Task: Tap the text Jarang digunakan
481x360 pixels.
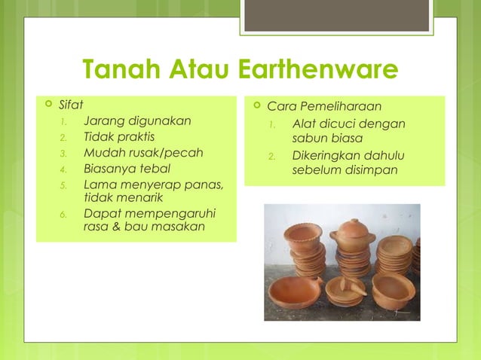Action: coord(136,121)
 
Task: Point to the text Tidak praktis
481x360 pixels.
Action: coord(119,136)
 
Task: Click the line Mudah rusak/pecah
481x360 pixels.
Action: coord(143,152)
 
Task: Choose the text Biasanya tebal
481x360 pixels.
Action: coord(127,168)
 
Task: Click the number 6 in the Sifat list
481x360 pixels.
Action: coord(64,215)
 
